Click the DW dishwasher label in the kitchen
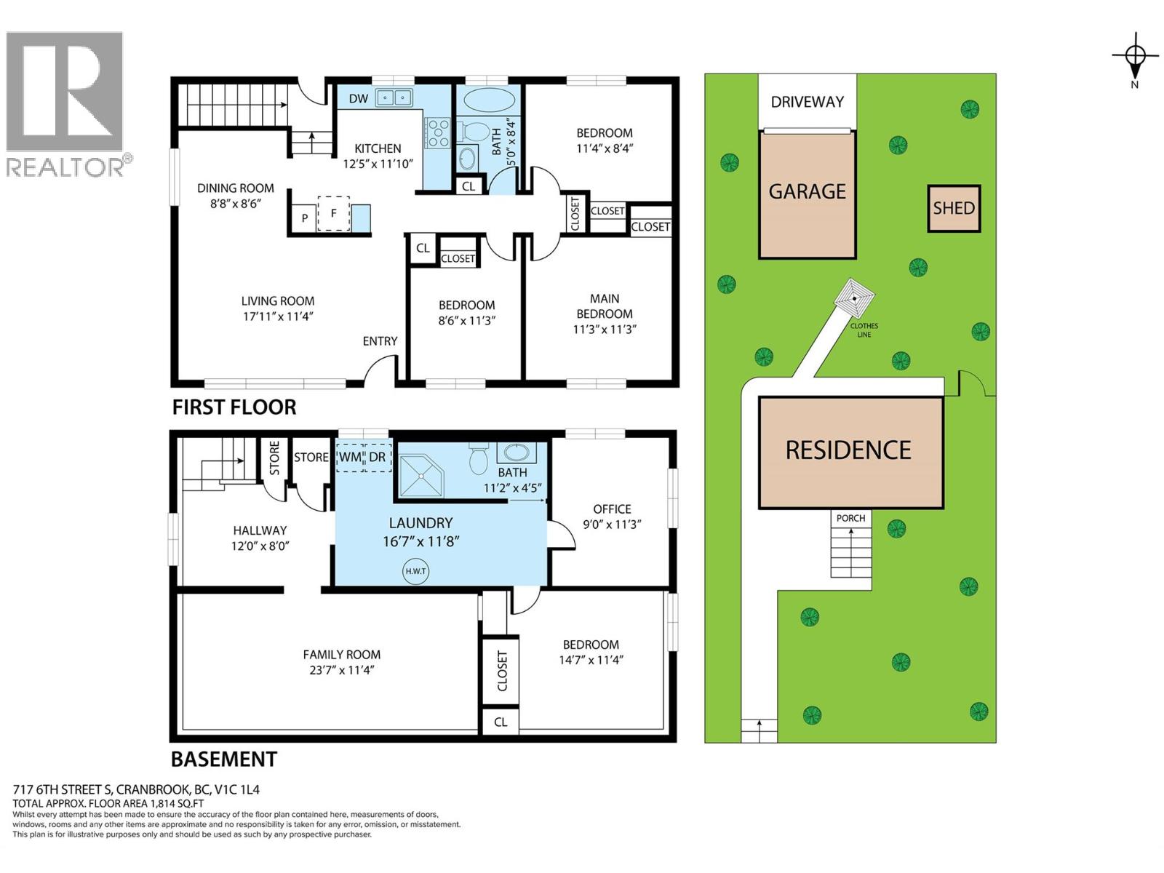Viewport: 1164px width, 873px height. point(358,98)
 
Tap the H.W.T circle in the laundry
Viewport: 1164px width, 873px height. point(415,571)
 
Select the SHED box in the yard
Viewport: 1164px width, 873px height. point(953,209)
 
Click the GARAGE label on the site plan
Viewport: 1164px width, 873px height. point(807,192)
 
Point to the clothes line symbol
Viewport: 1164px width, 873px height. point(854,298)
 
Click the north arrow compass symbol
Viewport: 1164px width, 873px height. point(1135,55)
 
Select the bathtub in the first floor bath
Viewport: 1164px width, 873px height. point(487,100)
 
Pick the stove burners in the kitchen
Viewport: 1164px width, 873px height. point(438,133)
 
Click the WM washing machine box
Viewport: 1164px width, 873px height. point(350,458)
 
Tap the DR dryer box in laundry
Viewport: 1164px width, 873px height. point(377,458)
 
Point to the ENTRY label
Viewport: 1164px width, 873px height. point(380,341)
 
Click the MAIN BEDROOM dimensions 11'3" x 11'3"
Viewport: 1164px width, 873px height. point(605,329)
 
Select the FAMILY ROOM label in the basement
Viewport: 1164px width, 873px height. point(341,655)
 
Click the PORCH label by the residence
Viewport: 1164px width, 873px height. point(850,518)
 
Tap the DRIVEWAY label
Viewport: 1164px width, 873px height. point(807,102)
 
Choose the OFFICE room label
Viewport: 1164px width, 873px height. point(612,509)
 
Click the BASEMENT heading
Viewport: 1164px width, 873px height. point(223,760)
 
